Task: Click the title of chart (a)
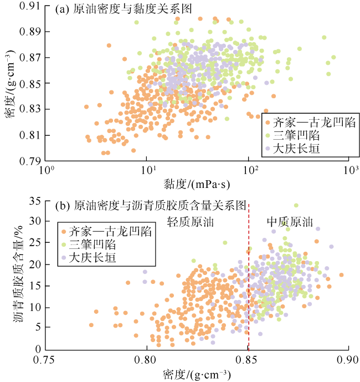(128, 11)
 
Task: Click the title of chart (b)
(151, 205)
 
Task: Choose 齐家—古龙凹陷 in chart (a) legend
(310, 121)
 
